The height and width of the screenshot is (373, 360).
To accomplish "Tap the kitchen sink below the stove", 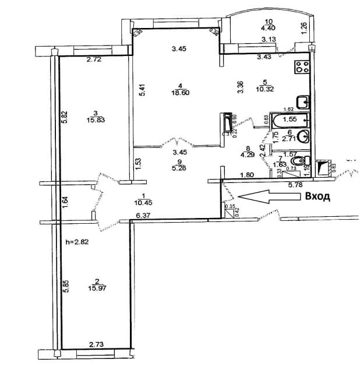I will tap(302, 102).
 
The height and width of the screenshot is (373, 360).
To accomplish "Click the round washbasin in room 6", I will tap(303, 137).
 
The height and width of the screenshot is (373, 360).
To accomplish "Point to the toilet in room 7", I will tap(299, 160).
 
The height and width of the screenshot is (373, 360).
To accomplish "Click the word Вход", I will tap(318, 196).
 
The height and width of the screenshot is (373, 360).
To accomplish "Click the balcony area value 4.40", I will tap(268, 27).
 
